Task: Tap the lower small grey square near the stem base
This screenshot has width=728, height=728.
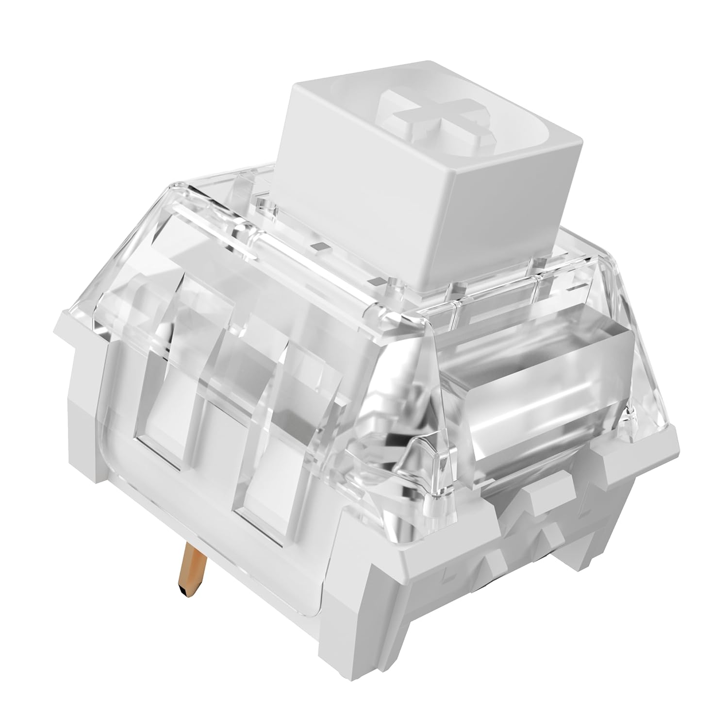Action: coord(374,281)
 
